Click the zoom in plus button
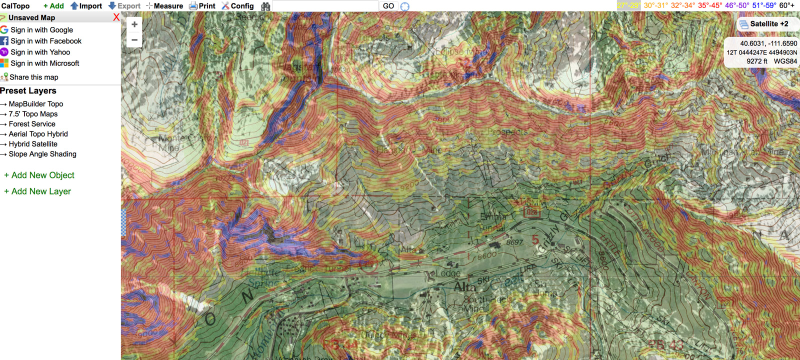[x=134, y=24]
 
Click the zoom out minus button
[x=134, y=40]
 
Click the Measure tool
[x=164, y=6]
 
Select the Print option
[x=202, y=6]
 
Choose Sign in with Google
[x=41, y=30]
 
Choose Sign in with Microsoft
[x=44, y=63]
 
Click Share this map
[x=33, y=77]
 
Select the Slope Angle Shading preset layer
[x=42, y=154]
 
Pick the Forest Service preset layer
[x=32, y=124]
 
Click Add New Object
[x=42, y=175]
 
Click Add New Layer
[x=41, y=191]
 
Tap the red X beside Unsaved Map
[x=116, y=17]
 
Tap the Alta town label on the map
[x=464, y=287]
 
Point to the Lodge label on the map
[x=447, y=273]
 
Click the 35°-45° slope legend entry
[x=709, y=5]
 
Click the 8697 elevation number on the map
[x=514, y=242]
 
